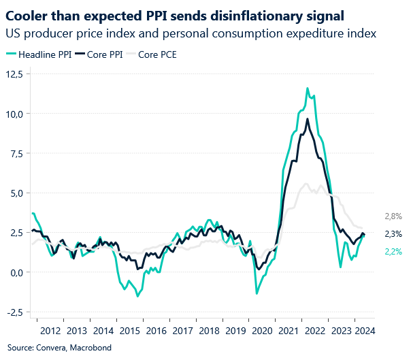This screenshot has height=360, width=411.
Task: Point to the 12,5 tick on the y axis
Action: point(15,74)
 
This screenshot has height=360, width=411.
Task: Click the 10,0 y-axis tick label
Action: point(15,114)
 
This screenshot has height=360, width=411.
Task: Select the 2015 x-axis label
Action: point(129,331)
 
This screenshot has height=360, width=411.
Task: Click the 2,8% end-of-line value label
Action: point(394,216)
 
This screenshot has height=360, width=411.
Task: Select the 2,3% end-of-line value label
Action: point(394,234)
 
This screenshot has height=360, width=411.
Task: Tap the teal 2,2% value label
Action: point(394,251)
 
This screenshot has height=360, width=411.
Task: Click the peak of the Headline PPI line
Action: point(308,88)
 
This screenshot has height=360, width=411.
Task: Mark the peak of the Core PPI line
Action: point(308,119)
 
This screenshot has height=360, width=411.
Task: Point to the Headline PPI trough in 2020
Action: point(257,293)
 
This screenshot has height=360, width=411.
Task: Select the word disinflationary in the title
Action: point(262,14)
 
